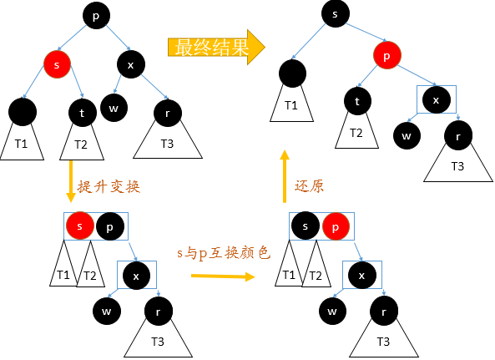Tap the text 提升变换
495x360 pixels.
click(108, 187)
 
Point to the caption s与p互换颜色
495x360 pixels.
click(223, 252)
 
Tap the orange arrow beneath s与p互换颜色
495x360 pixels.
click(222, 273)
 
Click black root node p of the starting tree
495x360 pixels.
click(95, 15)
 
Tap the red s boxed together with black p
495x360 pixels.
click(80, 226)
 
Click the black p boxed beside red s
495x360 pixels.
click(110, 226)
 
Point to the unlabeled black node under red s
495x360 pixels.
click(23, 111)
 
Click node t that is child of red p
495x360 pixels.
click(356, 101)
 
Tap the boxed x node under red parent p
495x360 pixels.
click(435, 99)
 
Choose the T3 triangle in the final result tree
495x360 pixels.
click(457, 163)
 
